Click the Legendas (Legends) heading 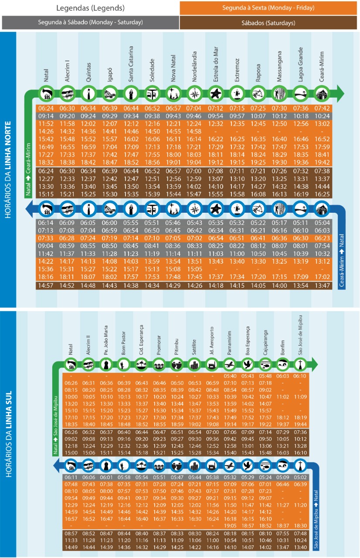click(x=90, y=8)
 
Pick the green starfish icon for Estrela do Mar click(x=215, y=93)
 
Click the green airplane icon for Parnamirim click(x=229, y=364)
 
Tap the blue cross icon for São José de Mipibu click(x=300, y=466)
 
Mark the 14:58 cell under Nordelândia click(x=194, y=131)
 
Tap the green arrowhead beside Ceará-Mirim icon click(x=340, y=93)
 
